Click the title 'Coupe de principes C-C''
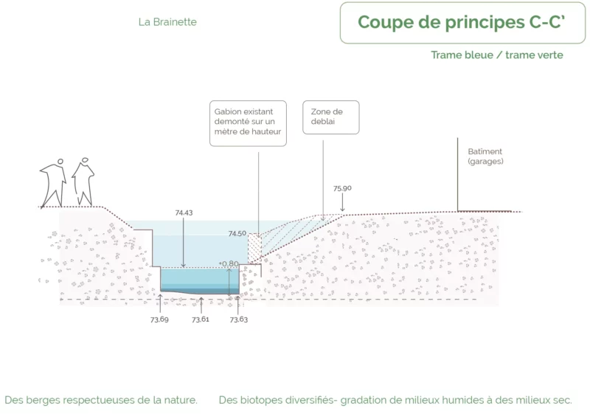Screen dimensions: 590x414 [x=462, y=22]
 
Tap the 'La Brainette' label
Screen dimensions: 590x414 [x=167, y=22]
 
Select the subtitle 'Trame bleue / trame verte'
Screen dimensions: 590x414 [x=497, y=55]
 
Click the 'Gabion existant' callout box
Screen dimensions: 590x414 [x=248, y=123]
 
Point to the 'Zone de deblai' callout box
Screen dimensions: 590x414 [x=331, y=117]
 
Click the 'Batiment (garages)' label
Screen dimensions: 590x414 [x=485, y=156]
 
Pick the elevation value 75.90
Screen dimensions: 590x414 [x=342, y=188]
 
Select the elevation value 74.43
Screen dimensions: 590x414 [x=184, y=213]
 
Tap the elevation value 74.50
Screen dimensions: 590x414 [x=237, y=234]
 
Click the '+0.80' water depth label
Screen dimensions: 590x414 [x=229, y=263]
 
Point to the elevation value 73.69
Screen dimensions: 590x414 [x=159, y=320]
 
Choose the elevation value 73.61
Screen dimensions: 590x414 [x=200, y=320]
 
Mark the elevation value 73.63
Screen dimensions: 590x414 [x=239, y=320]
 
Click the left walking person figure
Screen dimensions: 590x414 [x=53, y=183]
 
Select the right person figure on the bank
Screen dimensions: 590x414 [x=83, y=182]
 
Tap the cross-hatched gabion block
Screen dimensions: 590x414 [x=254, y=248]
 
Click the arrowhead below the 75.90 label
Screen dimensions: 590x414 [x=342, y=210]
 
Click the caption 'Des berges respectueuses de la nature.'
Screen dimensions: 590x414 [x=101, y=400]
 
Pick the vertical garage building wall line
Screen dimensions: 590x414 [x=457, y=175]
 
